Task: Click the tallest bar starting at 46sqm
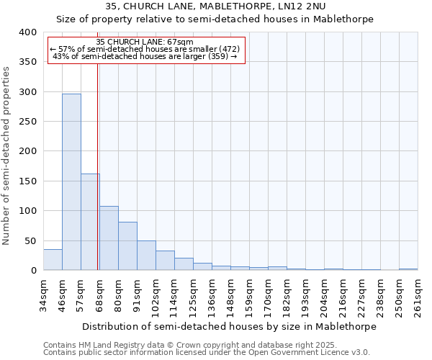click(x=71, y=182)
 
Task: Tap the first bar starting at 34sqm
click(x=53, y=260)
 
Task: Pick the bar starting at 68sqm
click(x=109, y=238)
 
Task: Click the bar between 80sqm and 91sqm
click(x=127, y=246)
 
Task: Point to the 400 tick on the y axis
click(x=27, y=32)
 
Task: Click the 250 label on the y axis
click(x=27, y=122)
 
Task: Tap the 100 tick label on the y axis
click(x=27, y=211)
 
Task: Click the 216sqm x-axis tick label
click(x=343, y=296)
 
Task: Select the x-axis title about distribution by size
click(x=230, y=326)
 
